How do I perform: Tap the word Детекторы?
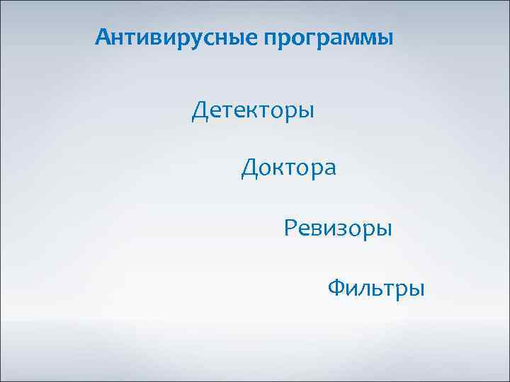(253, 111)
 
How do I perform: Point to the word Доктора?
(289, 168)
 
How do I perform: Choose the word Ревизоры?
(338, 228)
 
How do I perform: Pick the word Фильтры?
(376, 289)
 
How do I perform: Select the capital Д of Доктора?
(250, 168)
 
